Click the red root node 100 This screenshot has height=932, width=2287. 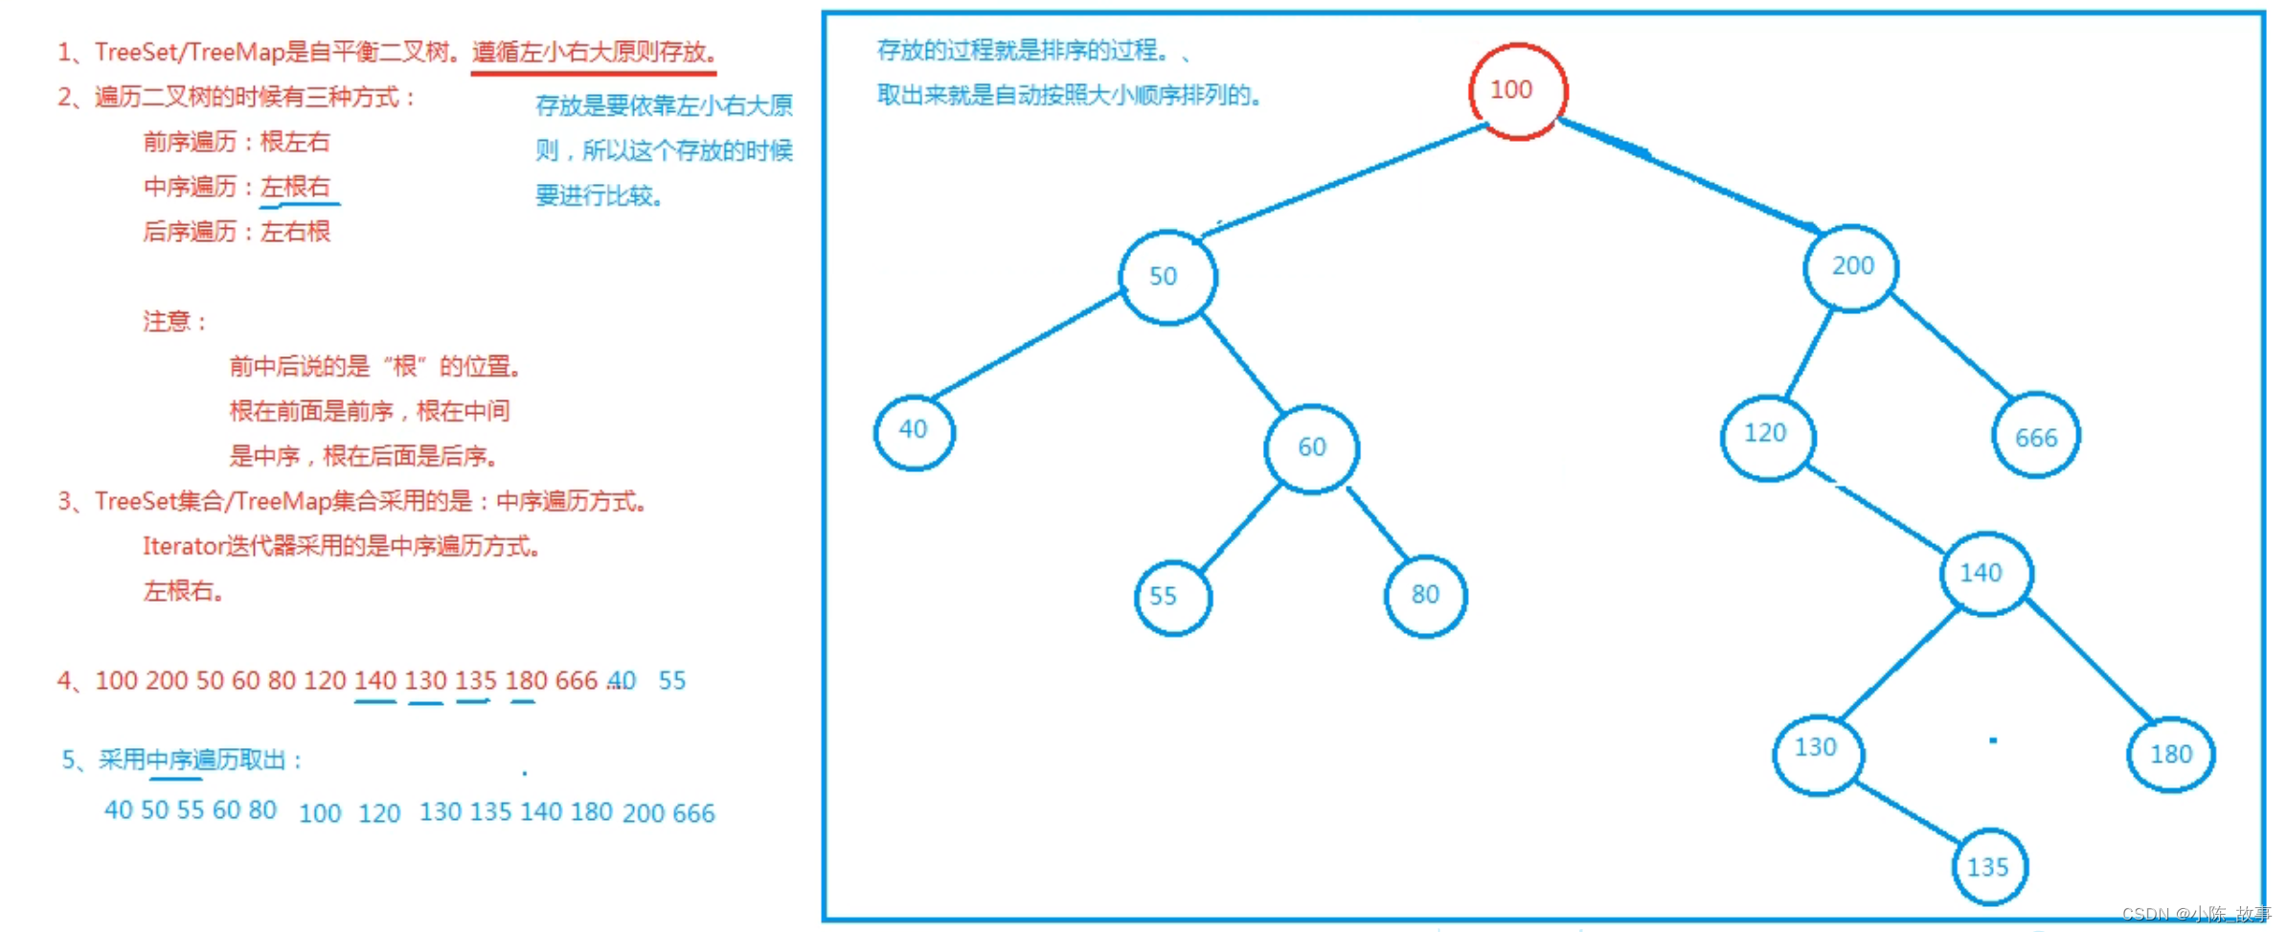1518,91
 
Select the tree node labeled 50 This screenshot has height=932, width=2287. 1167,277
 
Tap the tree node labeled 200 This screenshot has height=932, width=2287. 1851,267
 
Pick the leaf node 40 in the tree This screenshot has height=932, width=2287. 914,431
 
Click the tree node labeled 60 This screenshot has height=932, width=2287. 1311,448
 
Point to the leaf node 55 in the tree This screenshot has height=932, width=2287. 1172,597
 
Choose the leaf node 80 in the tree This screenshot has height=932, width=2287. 1425,596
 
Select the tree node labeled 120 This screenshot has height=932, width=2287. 1767,435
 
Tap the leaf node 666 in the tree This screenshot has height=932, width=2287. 2035,438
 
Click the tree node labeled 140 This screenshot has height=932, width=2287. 1984,573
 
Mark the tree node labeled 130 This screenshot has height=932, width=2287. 1817,751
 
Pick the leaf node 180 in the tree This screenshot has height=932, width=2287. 2170,754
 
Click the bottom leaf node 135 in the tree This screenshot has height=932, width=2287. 1989,867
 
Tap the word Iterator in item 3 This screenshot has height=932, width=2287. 182,547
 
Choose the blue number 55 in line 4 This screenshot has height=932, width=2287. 672,681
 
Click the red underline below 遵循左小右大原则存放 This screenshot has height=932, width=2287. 593,71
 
